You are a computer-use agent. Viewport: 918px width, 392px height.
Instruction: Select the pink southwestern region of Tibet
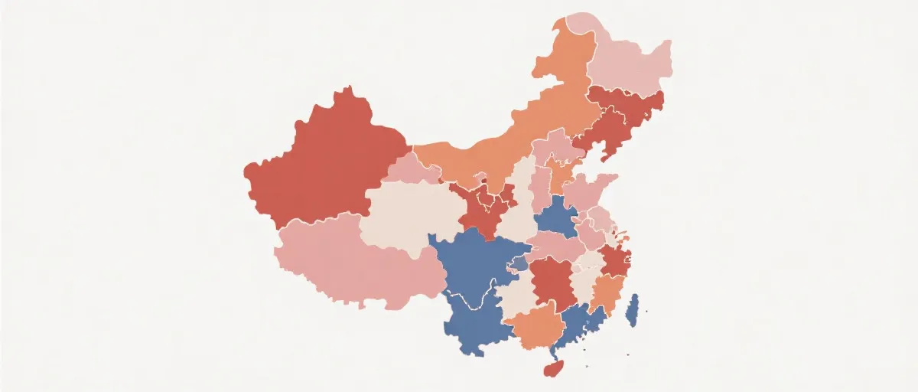344,260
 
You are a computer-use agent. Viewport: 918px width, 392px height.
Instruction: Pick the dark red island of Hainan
552,369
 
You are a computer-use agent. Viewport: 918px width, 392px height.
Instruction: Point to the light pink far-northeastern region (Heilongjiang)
627,65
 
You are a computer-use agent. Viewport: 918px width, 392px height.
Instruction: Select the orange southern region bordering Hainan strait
535,329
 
